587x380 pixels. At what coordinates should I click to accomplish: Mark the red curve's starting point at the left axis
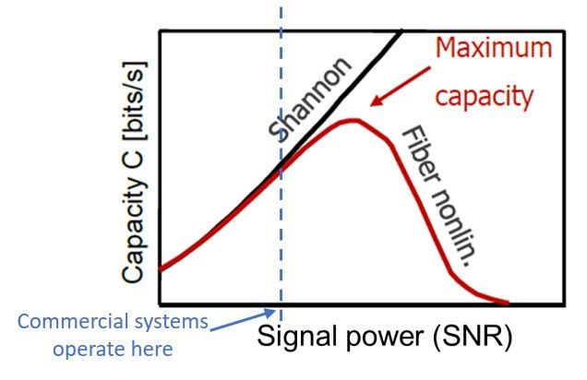pyautogui.click(x=162, y=269)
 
